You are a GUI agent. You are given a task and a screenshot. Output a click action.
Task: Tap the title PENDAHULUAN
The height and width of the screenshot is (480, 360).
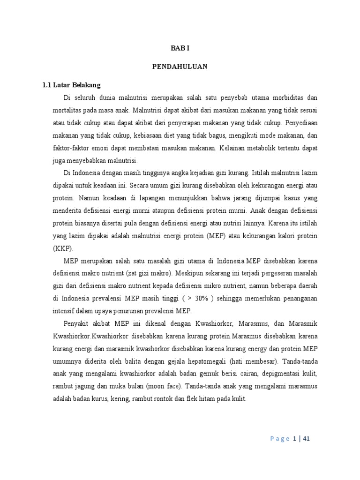[x=180, y=67]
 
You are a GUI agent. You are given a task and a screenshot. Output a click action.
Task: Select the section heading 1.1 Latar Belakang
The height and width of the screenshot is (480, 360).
[x=71, y=85]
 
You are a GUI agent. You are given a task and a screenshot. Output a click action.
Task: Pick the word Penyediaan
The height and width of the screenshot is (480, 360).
[x=300, y=123]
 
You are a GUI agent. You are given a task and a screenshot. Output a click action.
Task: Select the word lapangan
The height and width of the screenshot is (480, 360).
[x=156, y=198]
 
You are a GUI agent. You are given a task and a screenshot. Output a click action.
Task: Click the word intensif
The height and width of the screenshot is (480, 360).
[x=66, y=311]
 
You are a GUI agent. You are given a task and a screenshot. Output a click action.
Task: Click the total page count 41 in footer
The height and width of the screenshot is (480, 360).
[x=306, y=439]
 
